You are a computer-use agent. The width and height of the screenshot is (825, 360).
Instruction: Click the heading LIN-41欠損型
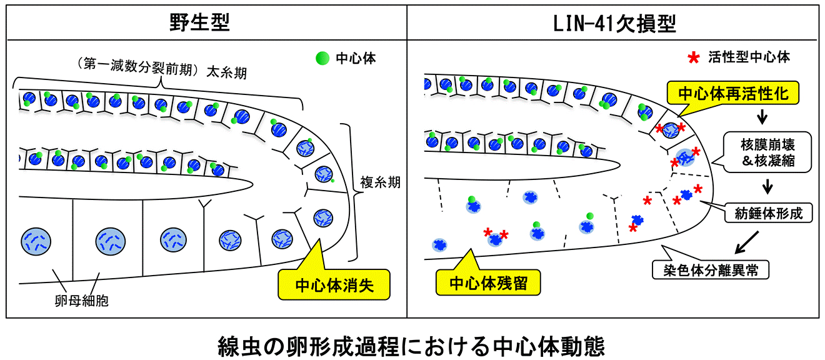tap(614, 23)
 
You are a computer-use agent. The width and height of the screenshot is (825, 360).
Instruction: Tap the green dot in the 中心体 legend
tap(322, 58)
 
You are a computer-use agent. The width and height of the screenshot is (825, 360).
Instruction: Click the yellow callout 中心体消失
tap(332, 287)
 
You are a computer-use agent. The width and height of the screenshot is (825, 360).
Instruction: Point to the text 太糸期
tap(226, 74)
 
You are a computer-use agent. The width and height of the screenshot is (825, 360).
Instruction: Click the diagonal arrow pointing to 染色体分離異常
tap(746, 242)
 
